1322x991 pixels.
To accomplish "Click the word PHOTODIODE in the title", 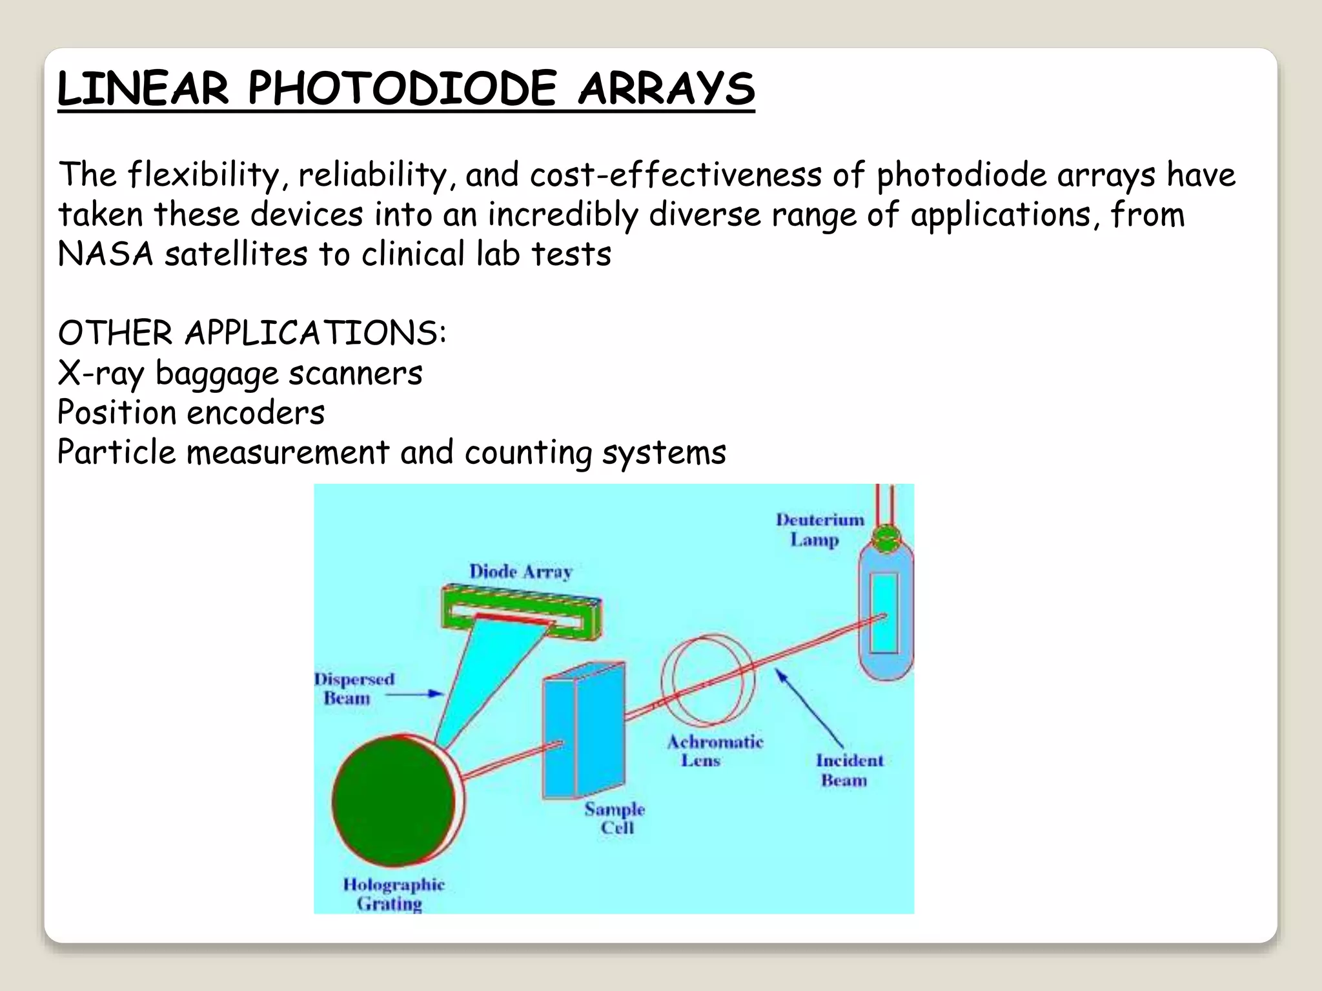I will pos(401,88).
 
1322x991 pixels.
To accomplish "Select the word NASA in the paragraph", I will pos(105,254).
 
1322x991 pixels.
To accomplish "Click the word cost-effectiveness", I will pos(675,175).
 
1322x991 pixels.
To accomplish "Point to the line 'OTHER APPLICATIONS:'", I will pos(252,334).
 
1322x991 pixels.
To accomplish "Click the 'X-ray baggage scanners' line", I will pos(239,374).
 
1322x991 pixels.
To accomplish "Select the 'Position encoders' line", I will pos(191,413).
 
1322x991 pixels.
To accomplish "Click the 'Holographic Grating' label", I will pos(393,894).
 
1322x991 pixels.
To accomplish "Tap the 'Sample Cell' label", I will pos(615,818).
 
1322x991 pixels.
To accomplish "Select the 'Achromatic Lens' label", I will pos(714,751).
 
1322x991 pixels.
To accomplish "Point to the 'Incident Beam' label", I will pos(848,770).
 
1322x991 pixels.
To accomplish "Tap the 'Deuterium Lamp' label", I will pos(819,529).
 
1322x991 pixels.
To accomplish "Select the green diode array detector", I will pos(522,610).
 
